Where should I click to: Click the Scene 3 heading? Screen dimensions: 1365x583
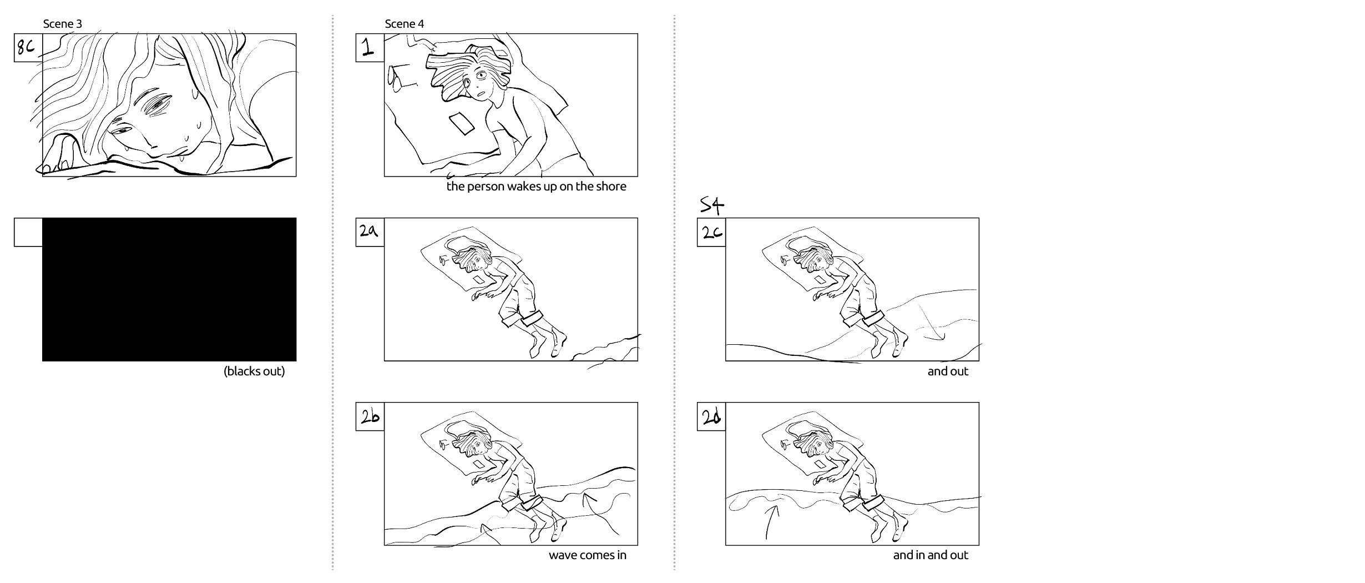tap(63, 24)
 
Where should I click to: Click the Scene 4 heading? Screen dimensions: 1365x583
tap(405, 24)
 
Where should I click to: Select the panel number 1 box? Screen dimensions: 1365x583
tap(370, 48)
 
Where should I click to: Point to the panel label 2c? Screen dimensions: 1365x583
tap(711, 232)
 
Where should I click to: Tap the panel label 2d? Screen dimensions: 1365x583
tap(711, 416)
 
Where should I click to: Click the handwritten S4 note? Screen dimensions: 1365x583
tap(712, 206)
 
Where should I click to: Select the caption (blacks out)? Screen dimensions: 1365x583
tap(254, 371)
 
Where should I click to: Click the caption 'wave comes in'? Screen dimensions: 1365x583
tap(588, 555)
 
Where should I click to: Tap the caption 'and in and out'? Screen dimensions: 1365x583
tap(931, 555)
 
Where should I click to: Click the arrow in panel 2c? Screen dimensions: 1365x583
tap(929, 325)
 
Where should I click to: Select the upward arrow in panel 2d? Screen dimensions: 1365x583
tap(771, 519)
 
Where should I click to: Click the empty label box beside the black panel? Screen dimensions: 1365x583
tap(28, 232)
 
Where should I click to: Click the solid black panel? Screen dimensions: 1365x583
tap(169, 289)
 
